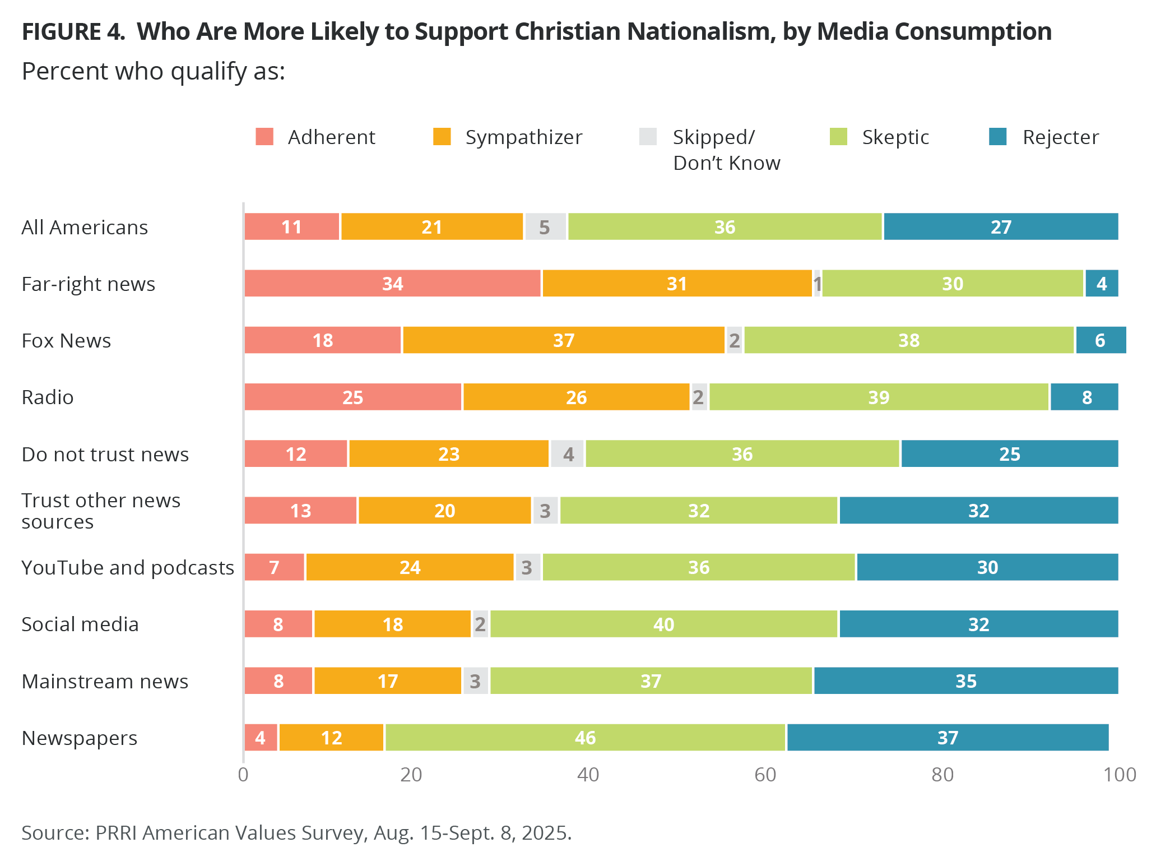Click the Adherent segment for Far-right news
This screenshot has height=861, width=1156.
click(392, 284)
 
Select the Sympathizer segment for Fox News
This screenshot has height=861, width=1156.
click(564, 340)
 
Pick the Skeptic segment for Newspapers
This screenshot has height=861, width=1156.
click(585, 738)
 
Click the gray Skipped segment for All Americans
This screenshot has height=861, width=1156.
click(545, 227)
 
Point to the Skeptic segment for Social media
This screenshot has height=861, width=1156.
click(664, 624)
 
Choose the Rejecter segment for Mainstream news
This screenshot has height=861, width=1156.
click(966, 681)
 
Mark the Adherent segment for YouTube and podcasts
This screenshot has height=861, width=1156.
click(275, 567)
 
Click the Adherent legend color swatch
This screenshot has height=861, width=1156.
click(264, 137)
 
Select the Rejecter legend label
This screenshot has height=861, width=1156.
click(1060, 137)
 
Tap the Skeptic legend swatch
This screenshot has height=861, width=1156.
click(838, 137)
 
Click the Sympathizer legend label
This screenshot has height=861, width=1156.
click(523, 137)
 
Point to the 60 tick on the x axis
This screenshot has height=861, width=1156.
click(765, 775)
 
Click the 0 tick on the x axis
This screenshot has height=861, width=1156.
click(243, 775)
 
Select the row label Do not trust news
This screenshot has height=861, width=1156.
click(105, 454)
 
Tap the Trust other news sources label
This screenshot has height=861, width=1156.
click(101, 511)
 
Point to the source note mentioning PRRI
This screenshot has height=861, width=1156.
click(296, 833)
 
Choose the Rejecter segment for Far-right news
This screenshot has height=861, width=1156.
click(1102, 284)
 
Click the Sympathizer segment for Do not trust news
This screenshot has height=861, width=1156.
click(449, 454)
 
